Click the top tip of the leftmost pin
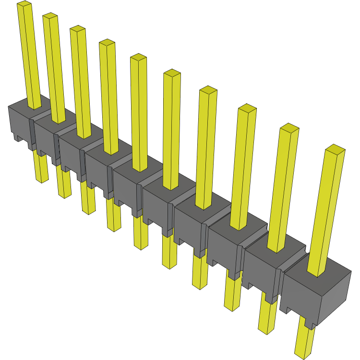(24, 4)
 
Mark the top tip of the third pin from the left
(77, 29)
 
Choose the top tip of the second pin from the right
(289, 128)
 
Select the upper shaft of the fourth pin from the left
(109, 96)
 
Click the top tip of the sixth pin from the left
(172, 73)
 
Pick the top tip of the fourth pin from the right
(208, 90)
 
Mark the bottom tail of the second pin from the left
(63, 185)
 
